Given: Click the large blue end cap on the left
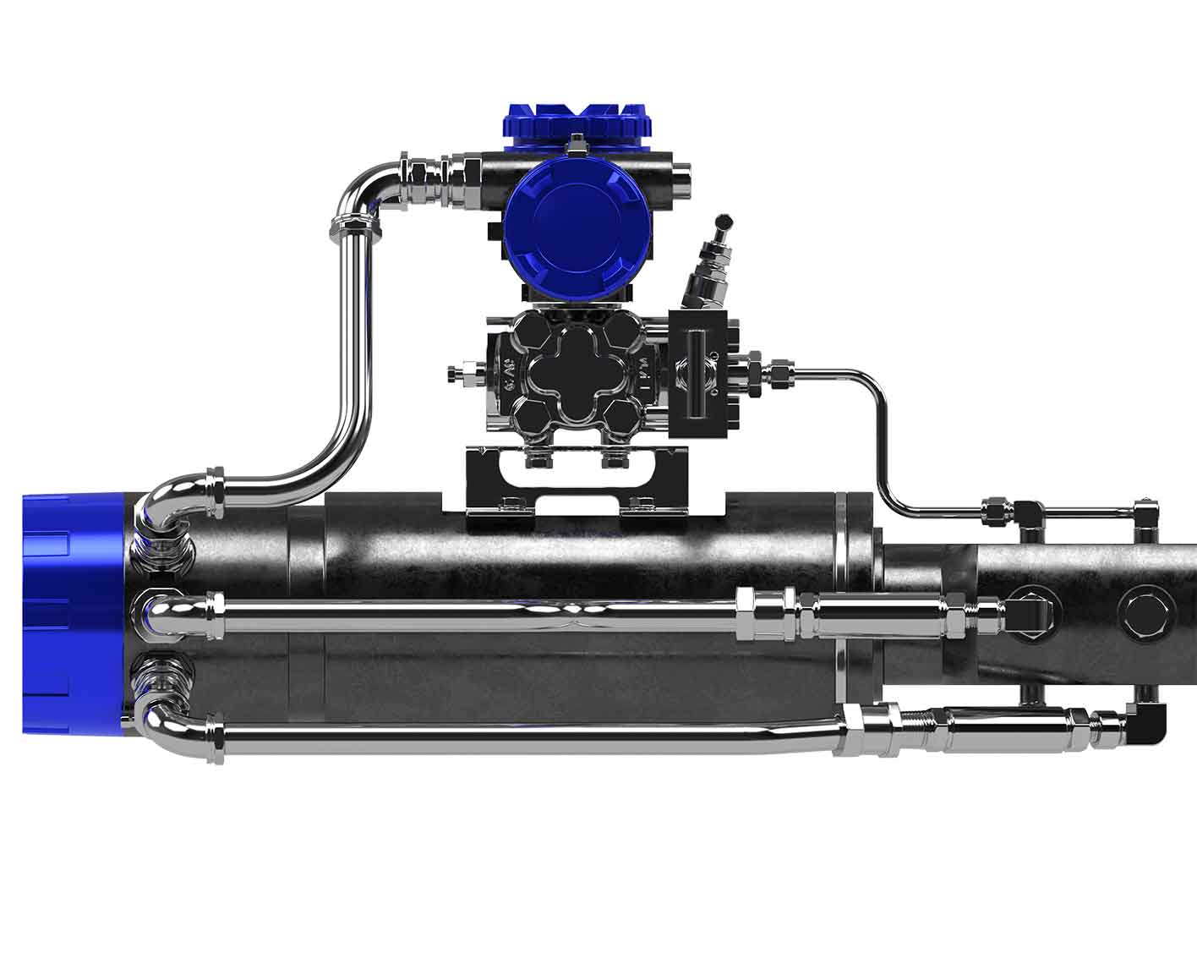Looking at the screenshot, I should click(x=72, y=605).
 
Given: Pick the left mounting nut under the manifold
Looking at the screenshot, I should click(x=538, y=460).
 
